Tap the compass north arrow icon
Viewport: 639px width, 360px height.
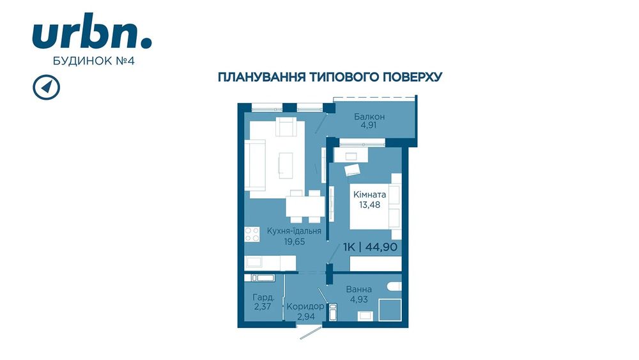click(x=47, y=87)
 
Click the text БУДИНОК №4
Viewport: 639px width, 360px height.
click(x=94, y=61)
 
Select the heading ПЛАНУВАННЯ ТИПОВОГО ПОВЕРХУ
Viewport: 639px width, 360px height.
click(x=330, y=77)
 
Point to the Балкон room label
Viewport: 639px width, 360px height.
click(x=369, y=116)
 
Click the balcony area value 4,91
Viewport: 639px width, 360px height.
click(x=369, y=125)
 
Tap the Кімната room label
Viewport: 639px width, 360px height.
click(x=369, y=194)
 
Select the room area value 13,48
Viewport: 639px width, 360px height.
click(x=369, y=205)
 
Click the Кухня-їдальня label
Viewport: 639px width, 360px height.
click(x=294, y=231)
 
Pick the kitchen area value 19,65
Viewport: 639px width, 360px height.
click(x=295, y=242)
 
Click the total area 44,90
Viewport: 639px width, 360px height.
click(x=381, y=247)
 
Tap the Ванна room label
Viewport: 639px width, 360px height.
click(x=358, y=290)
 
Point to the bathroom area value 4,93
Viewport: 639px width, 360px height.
click(x=359, y=299)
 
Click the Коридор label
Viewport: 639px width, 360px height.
click(x=305, y=306)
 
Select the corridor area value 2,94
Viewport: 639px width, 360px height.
click(x=305, y=317)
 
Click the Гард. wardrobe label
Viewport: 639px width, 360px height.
click(x=263, y=297)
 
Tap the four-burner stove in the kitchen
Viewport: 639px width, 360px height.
click(x=252, y=234)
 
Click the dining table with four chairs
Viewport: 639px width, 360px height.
click(x=305, y=207)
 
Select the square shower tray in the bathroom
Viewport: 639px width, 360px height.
click(x=390, y=310)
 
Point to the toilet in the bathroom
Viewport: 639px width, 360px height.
click(x=394, y=286)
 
